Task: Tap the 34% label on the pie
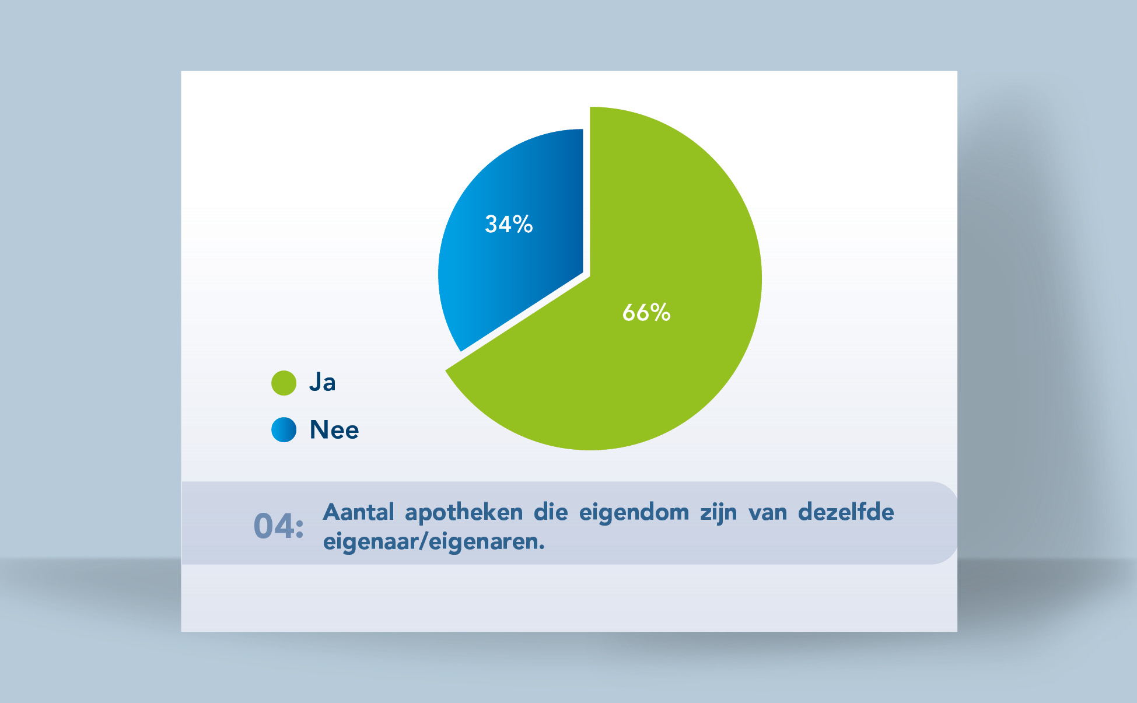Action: point(509,224)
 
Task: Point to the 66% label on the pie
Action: point(646,313)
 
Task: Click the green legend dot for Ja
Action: point(284,383)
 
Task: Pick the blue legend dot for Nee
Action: point(284,429)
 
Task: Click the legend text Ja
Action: point(323,382)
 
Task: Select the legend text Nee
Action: point(334,429)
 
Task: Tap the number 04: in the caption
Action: point(279,526)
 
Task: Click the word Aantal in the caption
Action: point(359,512)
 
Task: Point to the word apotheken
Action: point(464,513)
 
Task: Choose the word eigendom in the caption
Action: point(634,513)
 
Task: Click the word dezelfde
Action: point(846,512)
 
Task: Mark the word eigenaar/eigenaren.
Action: point(434,541)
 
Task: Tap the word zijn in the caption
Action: point(719,513)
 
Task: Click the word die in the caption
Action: point(551,512)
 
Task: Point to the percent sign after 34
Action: point(523,224)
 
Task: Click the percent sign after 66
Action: point(660,313)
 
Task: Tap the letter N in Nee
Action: point(319,429)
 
